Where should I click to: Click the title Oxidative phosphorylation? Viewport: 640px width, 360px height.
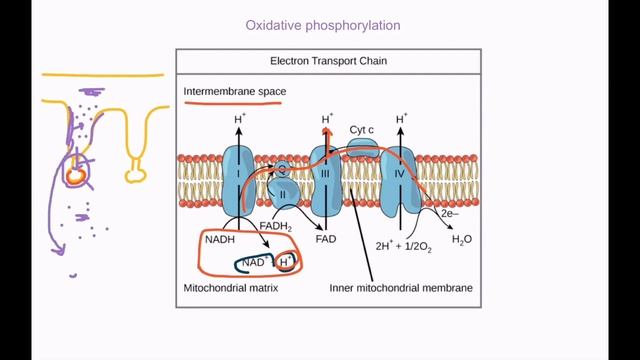pos(319,24)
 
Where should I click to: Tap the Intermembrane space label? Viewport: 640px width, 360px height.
pos(235,92)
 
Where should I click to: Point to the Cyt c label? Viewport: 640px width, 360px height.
pos(362,130)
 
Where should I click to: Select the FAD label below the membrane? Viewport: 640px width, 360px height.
pos(325,241)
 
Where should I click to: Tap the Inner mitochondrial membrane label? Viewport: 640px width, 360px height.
pos(400,289)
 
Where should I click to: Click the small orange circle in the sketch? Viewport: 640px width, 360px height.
pos(75,175)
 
